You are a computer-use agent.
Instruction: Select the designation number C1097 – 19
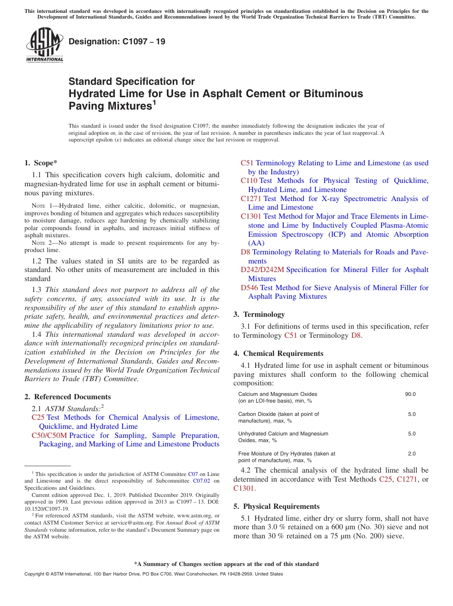(117, 41)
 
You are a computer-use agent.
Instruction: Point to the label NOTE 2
(36, 243)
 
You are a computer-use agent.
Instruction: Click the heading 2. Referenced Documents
(68, 397)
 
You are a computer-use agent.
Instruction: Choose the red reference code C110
(249, 181)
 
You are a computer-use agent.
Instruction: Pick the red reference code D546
(249, 288)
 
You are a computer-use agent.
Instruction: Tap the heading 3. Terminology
(259, 314)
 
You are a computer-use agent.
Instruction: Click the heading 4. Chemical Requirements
(278, 353)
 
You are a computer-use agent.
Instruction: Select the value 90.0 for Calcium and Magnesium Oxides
(410, 394)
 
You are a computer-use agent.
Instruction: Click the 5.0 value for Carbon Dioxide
(412, 414)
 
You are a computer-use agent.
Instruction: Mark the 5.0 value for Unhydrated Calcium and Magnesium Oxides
(412, 434)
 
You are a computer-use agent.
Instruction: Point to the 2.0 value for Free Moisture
(412, 454)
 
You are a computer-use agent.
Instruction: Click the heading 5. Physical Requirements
(277, 506)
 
